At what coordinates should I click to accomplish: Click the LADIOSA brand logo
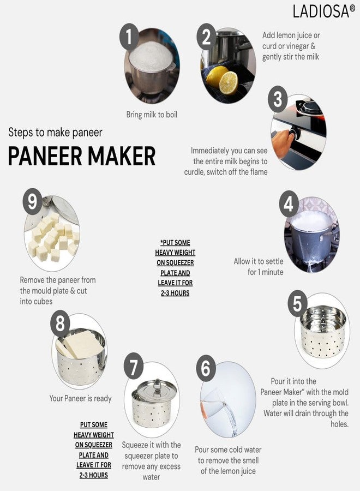point(324,11)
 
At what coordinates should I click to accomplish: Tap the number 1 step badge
point(129,37)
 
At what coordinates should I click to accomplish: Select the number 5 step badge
point(297,303)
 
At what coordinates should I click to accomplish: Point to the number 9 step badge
point(33,201)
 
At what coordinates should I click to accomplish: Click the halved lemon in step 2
point(228,83)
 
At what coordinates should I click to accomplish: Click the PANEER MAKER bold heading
point(82,155)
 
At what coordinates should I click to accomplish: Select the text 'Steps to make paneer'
point(55,133)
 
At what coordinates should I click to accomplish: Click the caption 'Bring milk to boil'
point(152,115)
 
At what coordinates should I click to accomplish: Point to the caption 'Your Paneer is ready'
point(80,398)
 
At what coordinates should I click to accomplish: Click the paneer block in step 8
point(83,344)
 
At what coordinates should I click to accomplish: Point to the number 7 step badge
point(133,367)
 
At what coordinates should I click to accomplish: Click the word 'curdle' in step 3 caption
point(194,172)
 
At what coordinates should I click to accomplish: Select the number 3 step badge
point(278,99)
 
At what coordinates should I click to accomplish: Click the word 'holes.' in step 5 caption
point(340,424)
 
